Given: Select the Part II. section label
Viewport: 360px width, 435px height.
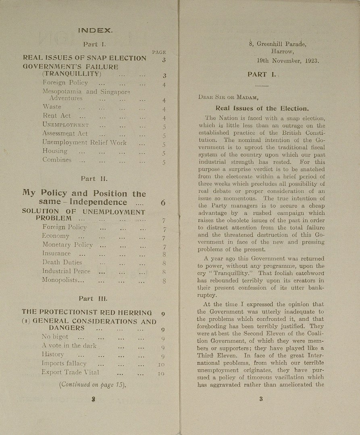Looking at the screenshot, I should pyautogui.click(x=94, y=178).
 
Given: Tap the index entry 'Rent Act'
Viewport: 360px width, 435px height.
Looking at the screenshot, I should pyautogui.click(x=56, y=116).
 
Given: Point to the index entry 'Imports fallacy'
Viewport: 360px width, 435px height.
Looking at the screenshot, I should pyautogui.click(x=64, y=363).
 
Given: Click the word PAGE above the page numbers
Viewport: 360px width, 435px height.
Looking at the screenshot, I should pyautogui.click(x=159, y=52).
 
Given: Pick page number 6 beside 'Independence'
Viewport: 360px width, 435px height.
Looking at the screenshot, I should pyautogui.click(x=163, y=203).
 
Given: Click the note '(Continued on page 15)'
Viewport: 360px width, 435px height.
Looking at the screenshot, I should pyautogui.click(x=92, y=384).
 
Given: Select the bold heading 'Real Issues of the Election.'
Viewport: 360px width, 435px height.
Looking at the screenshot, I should pyautogui.click(x=262, y=108).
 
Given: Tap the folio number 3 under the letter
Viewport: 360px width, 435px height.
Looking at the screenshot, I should pyautogui.click(x=261, y=399).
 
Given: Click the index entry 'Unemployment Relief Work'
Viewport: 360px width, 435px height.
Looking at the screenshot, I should pyautogui.click(x=84, y=142).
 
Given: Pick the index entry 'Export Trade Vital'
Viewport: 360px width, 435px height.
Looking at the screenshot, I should pyautogui.click(x=70, y=372).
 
